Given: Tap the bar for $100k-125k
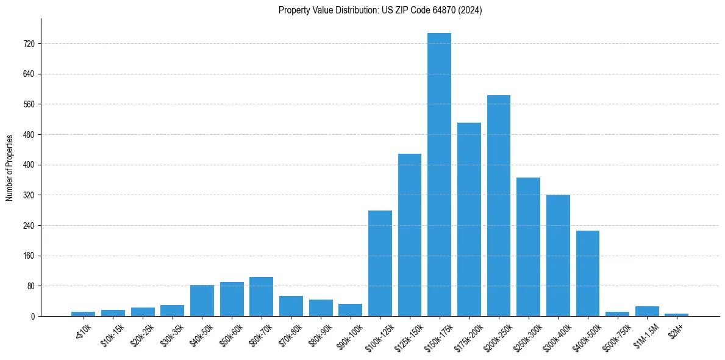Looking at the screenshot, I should click(380, 263).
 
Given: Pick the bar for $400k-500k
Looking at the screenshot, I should click(588, 273).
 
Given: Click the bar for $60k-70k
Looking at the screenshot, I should click(261, 297).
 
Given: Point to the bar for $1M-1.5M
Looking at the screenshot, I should click(647, 311).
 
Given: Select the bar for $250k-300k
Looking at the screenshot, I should click(528, 247).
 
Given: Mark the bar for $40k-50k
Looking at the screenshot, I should click(202, 300).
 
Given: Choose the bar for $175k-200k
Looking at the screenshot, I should click(469, 219).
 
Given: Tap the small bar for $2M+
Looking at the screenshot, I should click(677, 314).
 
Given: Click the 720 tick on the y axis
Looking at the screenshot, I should click(29, 44).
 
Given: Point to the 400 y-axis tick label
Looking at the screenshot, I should click(29, 165).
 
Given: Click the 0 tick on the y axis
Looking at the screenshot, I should click(32, 316).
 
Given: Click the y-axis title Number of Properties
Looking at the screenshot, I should click(9, 167).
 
